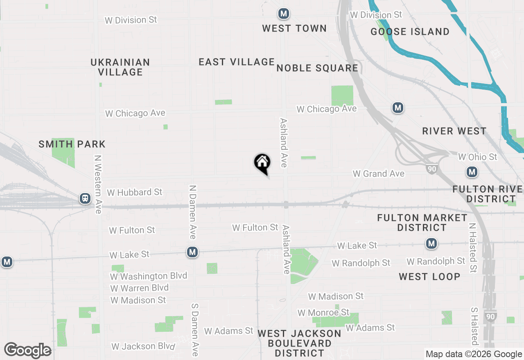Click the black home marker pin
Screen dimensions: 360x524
pyautogui.click(x=262, y=163)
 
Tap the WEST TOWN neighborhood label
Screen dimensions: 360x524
pyautogui.click(x=294, y=28)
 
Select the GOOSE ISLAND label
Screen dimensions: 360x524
pyautogui.click(x=410, y=32)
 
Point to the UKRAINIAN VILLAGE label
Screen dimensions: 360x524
pyautogui.click(x=120, y=67)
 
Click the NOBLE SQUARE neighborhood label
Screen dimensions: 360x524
pyautogui.click(x=317, y=68)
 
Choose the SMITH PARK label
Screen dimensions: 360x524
pyautogui.click(x=72, y=144)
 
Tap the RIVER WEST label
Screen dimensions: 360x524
pyautogui.click(x=454, y=131)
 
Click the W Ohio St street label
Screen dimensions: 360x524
pyautogui.click(x=477, y=157)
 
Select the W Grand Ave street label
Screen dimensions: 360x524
pyautogui.click(x=378, y=174)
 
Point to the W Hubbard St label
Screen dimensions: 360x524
pyautogui.click(x=134, y=192)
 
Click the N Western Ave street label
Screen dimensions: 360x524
pyautogui.click(x=98, y=184)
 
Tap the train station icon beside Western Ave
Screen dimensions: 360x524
pyautogui.click(x=85, y=198)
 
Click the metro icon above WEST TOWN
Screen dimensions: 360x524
pyautogui.click(x=283, y=13)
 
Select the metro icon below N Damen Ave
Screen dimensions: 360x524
pyautogui.click(x=192, y=252)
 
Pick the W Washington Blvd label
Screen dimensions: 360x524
pyautogui.click(x=148, y=276)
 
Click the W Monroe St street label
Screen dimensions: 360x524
pyautogui.click(x=323, y=313)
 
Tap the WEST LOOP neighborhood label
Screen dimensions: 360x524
pyautogui.click(x=429, y=277)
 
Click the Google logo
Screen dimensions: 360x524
pyautogui.click(x=27, y=351)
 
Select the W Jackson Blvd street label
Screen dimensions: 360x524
pyautogui.click(x=143, y=346)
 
